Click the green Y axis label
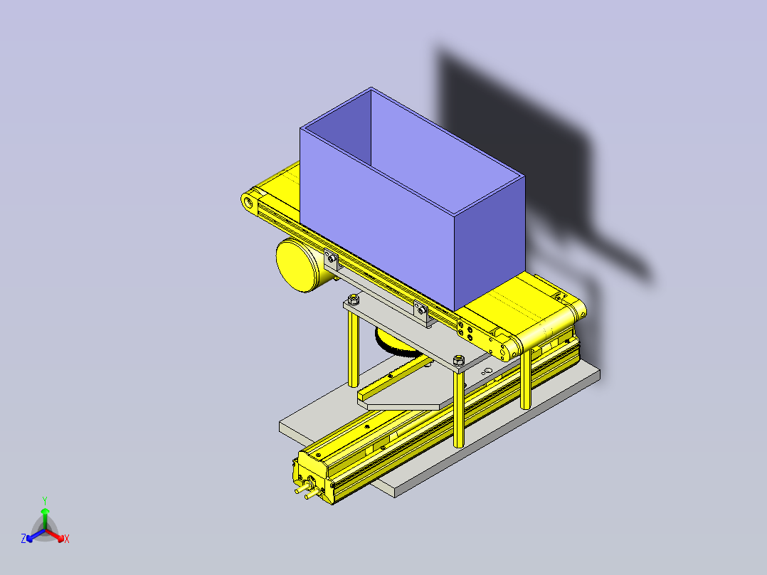coord(44,500)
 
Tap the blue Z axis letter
coord(23,539)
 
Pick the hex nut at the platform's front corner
coord(459,360)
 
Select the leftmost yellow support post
coord(353,349)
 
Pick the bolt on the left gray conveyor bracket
coord(330,258)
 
